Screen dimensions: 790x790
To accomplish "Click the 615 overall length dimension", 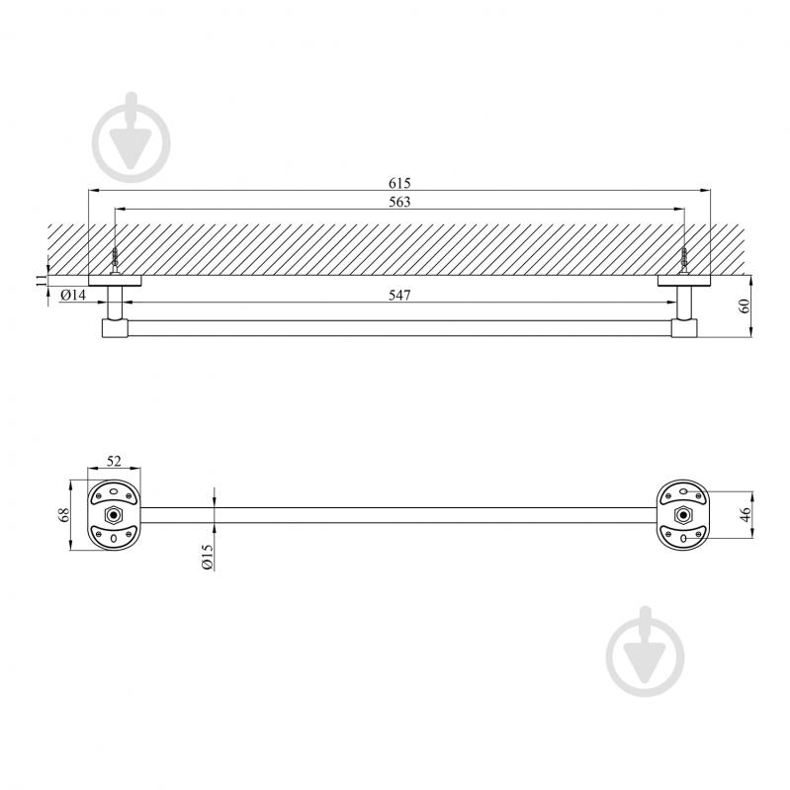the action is [x=399, y=183].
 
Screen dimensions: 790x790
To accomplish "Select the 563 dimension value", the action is [x=399, y=202].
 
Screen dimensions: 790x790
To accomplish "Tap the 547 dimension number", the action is [x=399, y=295].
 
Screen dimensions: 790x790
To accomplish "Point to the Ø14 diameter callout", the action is [x=73, y=295].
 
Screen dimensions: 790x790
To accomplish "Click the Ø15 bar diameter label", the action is [x=208, y=557].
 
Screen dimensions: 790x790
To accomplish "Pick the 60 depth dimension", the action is [x=745, y=306].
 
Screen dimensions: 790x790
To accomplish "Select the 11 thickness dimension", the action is [x=42, y=281].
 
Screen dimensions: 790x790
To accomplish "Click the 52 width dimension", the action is [x=114, y=461].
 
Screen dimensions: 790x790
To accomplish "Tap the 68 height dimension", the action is [x=64, y=515].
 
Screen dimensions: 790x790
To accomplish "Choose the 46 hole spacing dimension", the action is [x=746, y=514].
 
